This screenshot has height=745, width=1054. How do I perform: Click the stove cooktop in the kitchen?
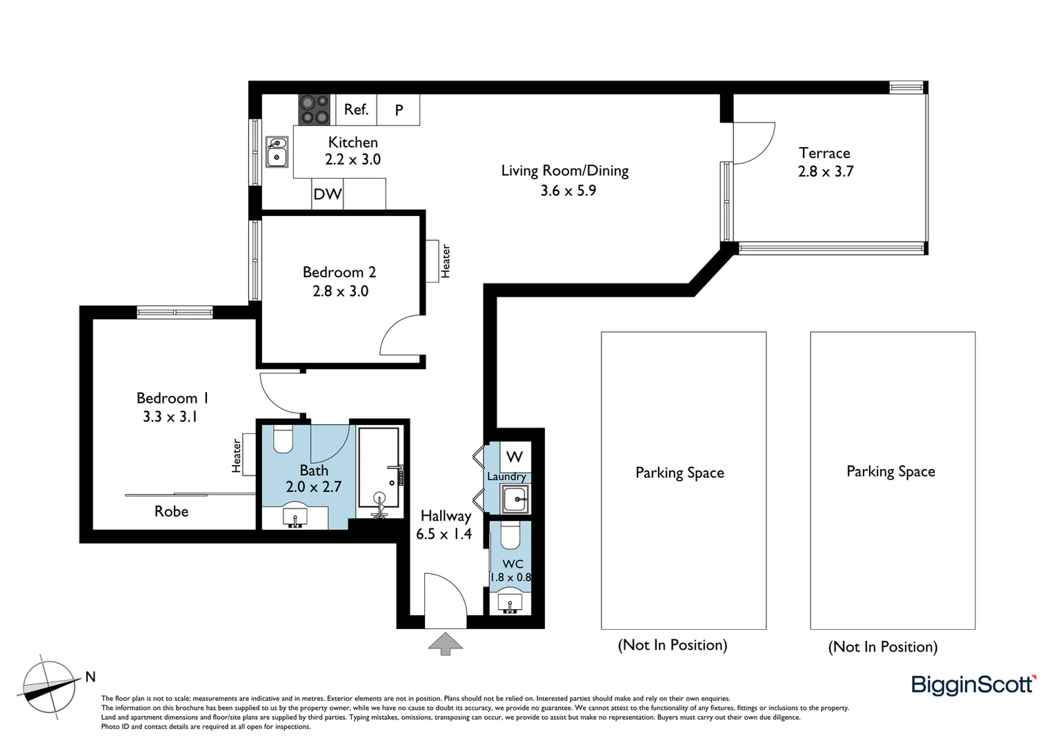(315, 110)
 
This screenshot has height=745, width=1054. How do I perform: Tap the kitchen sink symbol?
(277, 152)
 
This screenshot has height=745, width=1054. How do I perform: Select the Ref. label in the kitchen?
(356, 110)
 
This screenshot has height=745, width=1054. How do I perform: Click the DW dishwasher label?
(327, 194)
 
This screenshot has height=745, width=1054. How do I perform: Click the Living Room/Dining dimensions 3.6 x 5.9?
(568, 190)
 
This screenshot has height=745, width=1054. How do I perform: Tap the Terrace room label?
(824, 153)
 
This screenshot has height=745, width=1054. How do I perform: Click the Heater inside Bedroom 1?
(237, 456)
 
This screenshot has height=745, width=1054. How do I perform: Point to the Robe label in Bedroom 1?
(171, 511)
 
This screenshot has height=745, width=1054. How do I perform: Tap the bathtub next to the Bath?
(378, 473)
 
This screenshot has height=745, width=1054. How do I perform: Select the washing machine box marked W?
(515, 457)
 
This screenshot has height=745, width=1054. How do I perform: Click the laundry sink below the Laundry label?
(515, 498)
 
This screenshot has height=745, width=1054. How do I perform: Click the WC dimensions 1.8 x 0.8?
(510, 577)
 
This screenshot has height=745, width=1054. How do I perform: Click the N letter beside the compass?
(90, 677)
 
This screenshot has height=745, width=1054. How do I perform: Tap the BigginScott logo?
(973, 684)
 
